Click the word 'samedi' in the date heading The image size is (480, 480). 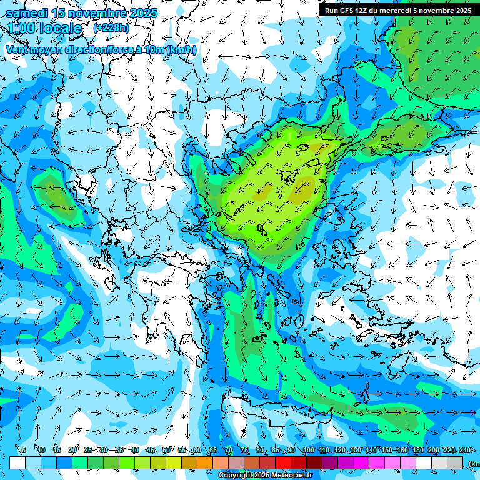[x=26, y=13]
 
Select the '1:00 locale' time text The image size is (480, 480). [x=45, y=29]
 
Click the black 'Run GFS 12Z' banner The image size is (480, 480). [x=398, y=11]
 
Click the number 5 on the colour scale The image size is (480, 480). [x=24, y=451]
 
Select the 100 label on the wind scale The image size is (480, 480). [x=309, y=451]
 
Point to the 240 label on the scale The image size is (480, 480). [x=465, y=451]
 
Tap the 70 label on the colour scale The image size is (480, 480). [x=229, y=451]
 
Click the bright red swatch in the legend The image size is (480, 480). [x=283, y=463]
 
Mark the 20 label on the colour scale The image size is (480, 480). [x=72, y=451]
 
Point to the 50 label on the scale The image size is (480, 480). [x=166, y=451]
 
